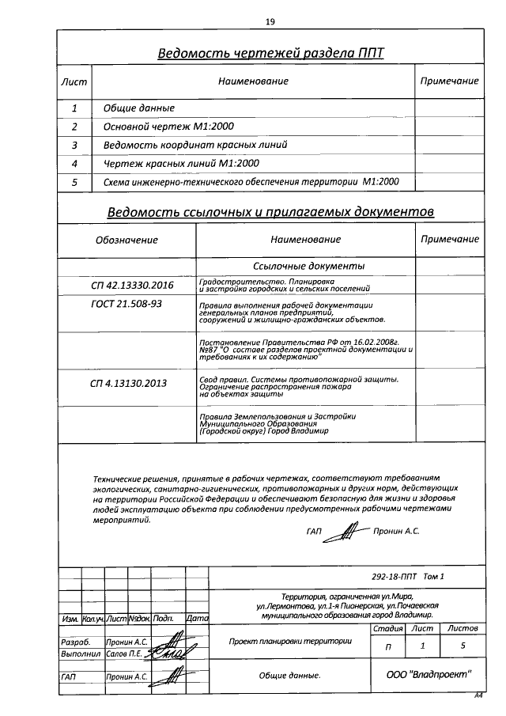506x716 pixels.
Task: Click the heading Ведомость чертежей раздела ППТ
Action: (270, 54)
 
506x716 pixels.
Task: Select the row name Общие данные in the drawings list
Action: (139, 108)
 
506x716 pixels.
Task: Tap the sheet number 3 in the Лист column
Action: (74, 145)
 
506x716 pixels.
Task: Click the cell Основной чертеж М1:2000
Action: (168, 127)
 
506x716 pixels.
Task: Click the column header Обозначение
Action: (126, 240)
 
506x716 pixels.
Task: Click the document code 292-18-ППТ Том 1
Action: (407, 577)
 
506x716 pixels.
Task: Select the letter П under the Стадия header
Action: (387, 646)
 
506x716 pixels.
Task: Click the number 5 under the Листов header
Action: (462, 646)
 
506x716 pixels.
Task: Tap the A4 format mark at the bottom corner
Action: (478, 695)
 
